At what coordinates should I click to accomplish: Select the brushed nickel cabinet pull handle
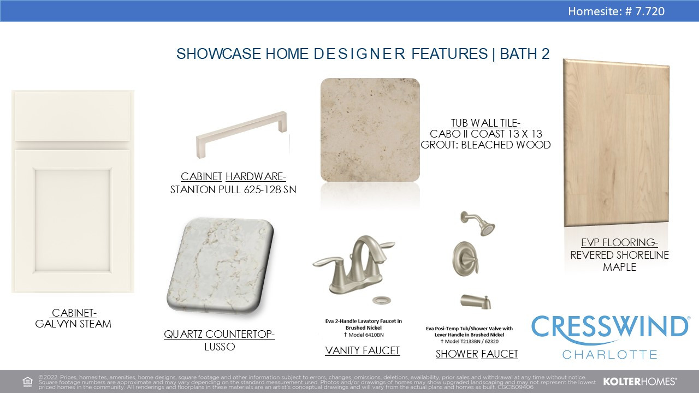point(241,134)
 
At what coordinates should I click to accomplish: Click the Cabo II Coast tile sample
point(370,130)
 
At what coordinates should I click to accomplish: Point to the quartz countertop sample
point(220,266)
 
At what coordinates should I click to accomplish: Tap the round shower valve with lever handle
point(465,259)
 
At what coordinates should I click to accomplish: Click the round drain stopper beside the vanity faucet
point(381,300)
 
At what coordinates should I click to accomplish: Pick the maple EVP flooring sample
point(617,142)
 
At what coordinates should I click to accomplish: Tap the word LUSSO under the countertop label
point(220,347)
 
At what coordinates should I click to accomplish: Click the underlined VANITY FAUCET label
point(362,350)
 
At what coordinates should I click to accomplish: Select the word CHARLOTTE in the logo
point(610,355)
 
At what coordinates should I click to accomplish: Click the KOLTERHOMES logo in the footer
point(640,382)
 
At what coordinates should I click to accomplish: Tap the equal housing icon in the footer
point(27,382)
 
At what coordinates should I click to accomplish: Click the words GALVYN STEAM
point(73,324)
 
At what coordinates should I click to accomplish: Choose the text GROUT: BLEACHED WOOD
point(485,145)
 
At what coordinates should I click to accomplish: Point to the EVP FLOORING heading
point(619,243)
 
